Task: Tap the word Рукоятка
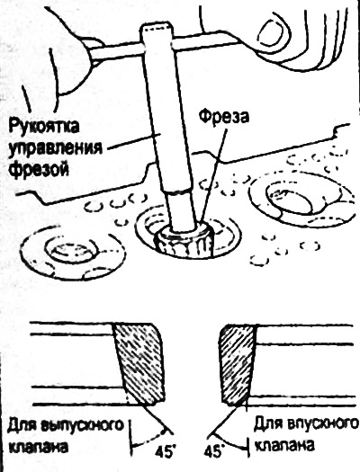pos(44,127)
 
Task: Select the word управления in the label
pos(55,148)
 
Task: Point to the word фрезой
pos(39,170)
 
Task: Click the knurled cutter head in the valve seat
pos(184,241)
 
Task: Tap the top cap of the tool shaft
pos(157,30)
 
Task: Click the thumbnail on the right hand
pos(271,31)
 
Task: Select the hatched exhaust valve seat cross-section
pos(139,363)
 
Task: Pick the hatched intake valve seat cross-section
pos(238,364)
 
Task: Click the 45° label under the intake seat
pos(214,452)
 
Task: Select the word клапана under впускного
pos(284,445)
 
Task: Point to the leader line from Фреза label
pos(213,174)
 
